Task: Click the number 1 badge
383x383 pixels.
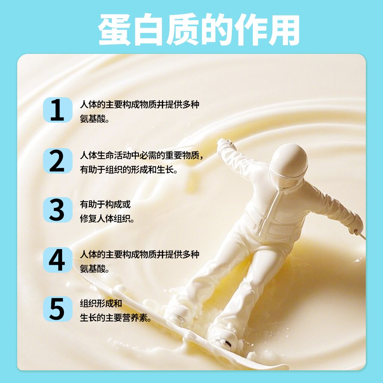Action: click(x=58, y=110)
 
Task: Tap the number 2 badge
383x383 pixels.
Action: click(x=58, y=160)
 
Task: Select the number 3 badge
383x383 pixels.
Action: click(x=58, y=210)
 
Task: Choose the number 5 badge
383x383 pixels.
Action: click(x=58, y=309)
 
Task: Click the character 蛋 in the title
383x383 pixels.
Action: click(x=114, y=30)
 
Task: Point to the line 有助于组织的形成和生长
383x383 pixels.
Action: click(x=129, y=170)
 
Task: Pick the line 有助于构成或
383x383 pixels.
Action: click(x=105, y=205)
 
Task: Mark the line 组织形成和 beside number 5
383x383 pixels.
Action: click(x=101, y=304)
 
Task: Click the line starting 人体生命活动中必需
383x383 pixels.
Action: click(x=142, y=155)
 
